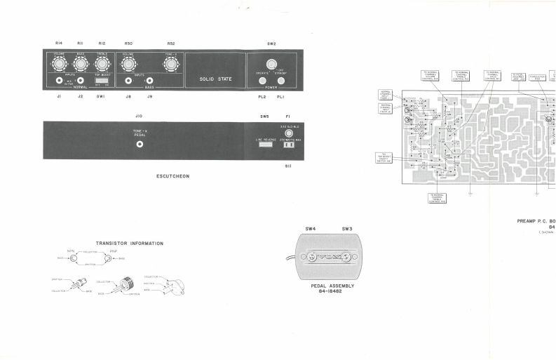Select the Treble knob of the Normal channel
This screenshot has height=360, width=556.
click(x=102, y=65)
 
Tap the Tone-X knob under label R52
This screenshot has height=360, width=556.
click(x=170, y=65)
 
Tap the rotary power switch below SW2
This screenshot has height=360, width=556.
click(x=271, y=65)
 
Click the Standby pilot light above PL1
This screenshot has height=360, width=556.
click(x=280, y=81)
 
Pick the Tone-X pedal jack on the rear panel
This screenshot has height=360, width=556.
click(x=140, y=145)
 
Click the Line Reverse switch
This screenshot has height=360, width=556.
click(x=264, y=145)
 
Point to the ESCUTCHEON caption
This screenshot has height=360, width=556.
click(x=172, y=176)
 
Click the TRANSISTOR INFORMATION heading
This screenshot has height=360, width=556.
click(x=130, y=244)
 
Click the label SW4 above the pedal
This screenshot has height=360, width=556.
click(x=311, y=229)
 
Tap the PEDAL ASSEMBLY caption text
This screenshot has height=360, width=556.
click(x=332, y=286)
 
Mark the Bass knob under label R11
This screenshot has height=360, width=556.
click(x=80, y=65)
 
